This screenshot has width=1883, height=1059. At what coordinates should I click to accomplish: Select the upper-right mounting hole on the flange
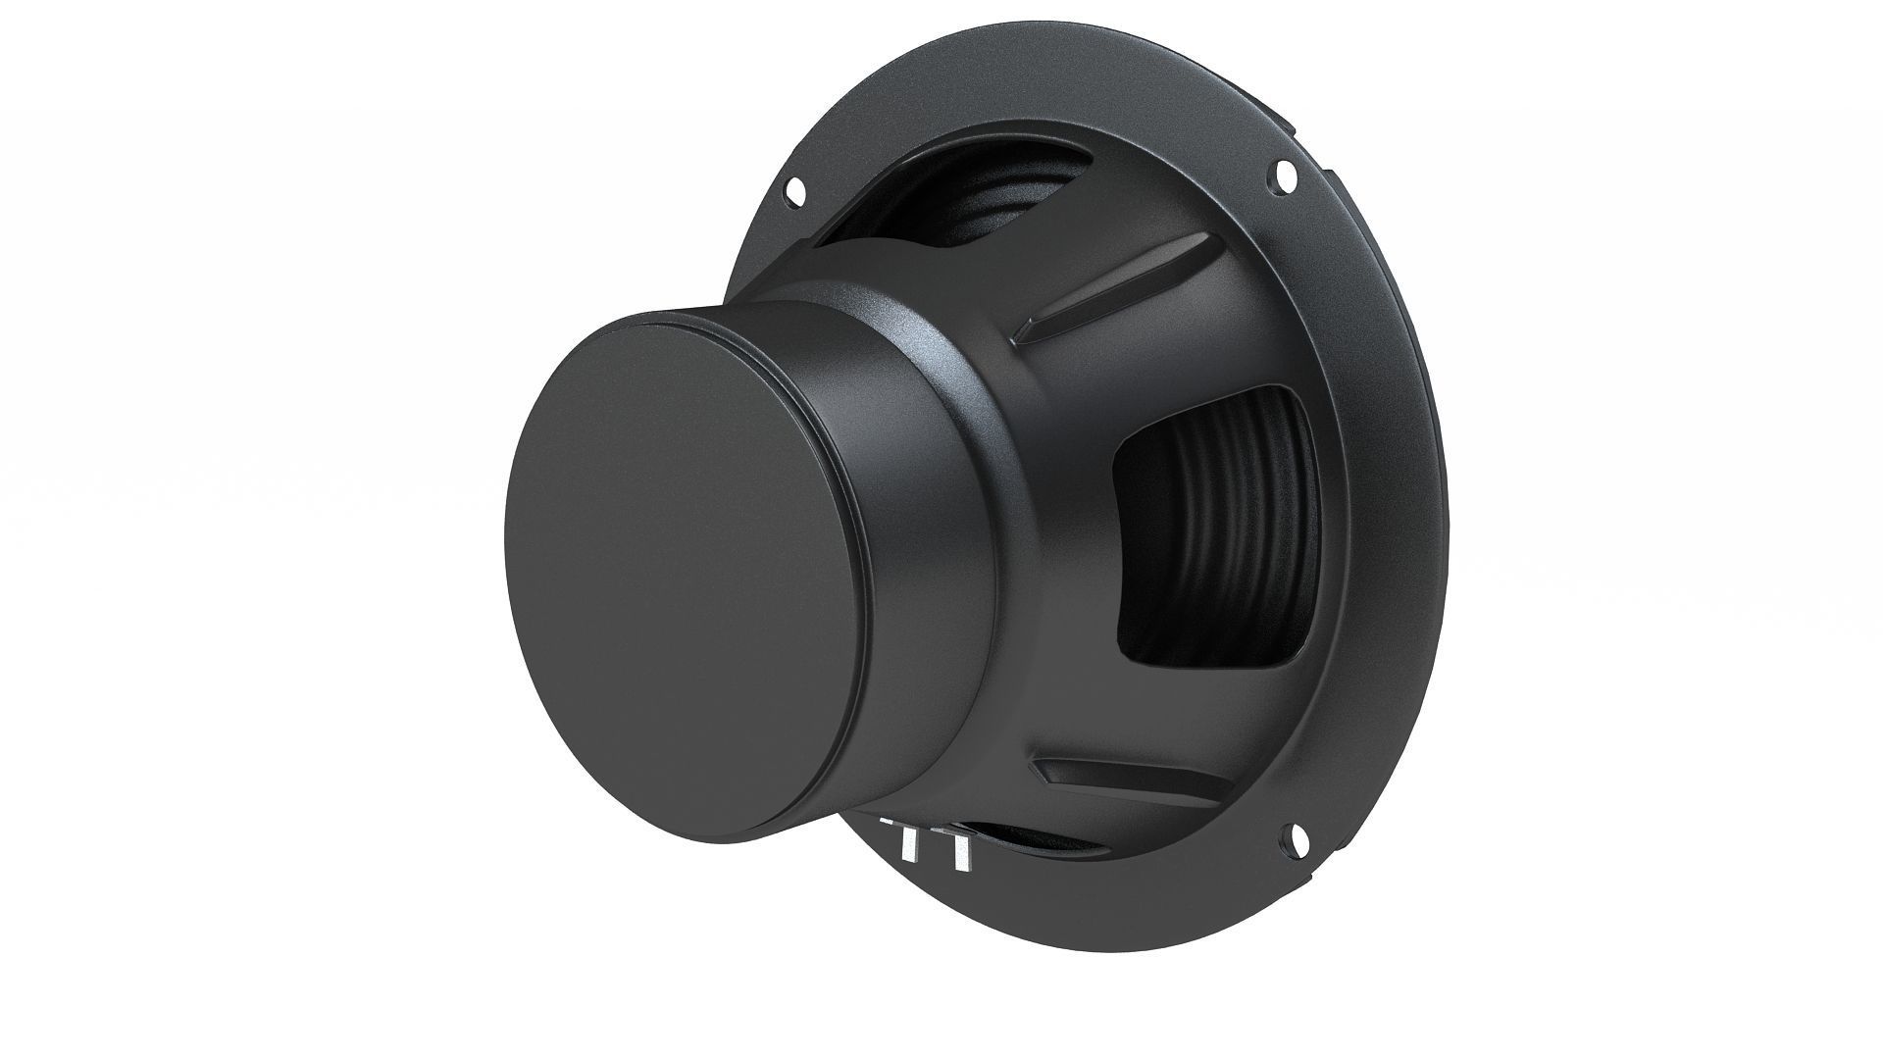click(1278, 176)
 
